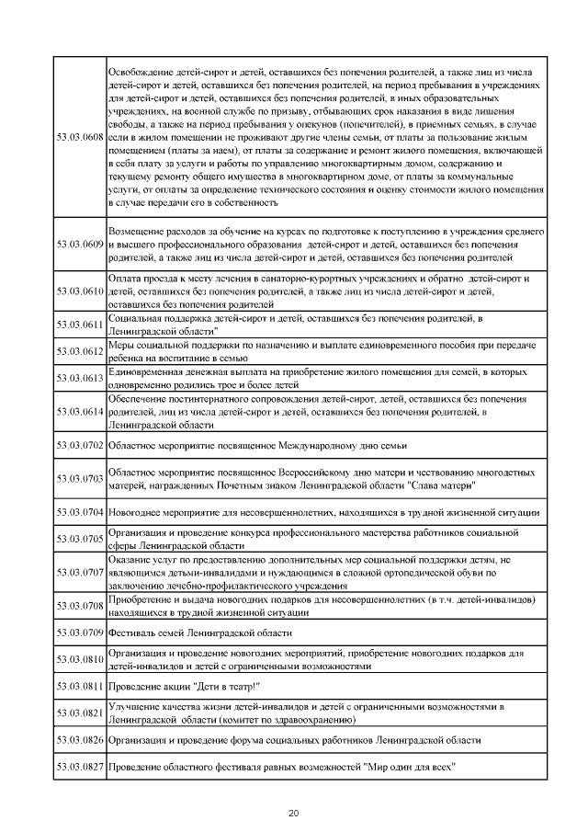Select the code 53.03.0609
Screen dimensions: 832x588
pyautogui.click(x=80, y=246)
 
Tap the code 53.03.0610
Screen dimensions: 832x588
pyautogui.click(x=80, y=290)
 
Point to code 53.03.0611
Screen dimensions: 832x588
pyautogui.click(x=80, y=325)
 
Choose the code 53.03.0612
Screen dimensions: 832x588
pyautogui.click(x=80, y=350)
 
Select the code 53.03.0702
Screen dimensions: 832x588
pyautogui.click(x=80, y=445)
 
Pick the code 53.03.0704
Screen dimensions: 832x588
pyautogui.click(x=80, y=512)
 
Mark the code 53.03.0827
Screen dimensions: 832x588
pyautogui.click(x=80, y=767)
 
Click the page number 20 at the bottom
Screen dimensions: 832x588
pyautogui.click(x=294, y=813)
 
